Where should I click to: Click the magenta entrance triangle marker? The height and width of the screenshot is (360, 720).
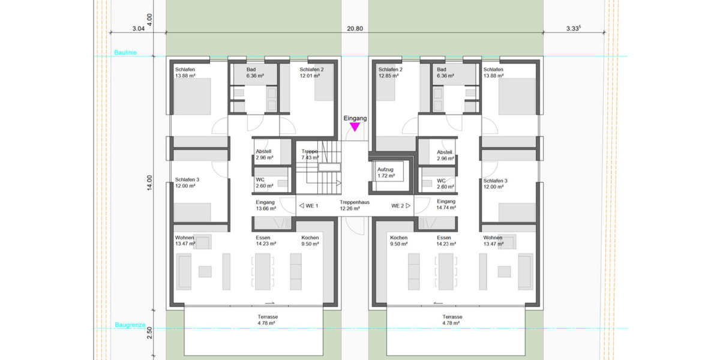coord(355,127)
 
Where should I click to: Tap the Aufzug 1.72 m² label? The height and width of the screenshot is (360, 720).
coord(386,173)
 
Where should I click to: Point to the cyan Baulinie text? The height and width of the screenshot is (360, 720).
coord(125,53)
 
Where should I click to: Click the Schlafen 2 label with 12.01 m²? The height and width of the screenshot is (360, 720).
coord(311,73)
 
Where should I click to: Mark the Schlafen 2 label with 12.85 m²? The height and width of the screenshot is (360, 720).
coord(390,73)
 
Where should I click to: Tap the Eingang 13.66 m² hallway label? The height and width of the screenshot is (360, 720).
coord(265,205)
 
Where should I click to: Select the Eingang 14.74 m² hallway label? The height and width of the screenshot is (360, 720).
coord(447,205)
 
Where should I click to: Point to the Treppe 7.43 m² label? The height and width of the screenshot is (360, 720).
coord(310,155)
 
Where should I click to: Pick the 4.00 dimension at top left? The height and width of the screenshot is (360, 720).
coord(150,20)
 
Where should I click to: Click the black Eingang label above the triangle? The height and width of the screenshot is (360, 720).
coord(355,119)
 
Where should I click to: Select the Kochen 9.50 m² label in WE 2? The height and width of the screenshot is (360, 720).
coord(399,241)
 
